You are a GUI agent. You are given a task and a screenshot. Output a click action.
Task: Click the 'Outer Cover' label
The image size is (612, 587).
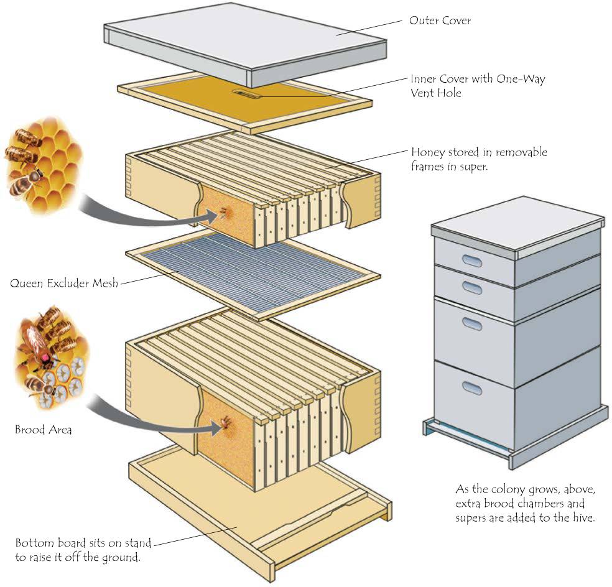click(x=440, y=21)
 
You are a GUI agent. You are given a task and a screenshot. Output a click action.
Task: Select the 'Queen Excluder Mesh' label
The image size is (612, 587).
click(x=64, y=283)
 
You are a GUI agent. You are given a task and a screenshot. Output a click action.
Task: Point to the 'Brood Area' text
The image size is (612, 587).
click(x=44, y=430)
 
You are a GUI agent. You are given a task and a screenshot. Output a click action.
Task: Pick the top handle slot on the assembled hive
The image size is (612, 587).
click(x=472, y=261)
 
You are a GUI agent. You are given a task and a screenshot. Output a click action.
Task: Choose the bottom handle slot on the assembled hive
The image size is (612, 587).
click(x=472, y=389)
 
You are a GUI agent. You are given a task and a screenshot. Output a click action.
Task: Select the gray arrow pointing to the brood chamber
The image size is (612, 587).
click(x=152, y=423)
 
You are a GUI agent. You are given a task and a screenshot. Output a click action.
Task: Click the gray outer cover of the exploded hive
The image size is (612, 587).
click(x=246, y=44)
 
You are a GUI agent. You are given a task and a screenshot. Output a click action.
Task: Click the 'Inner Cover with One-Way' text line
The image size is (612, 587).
click(x=478, y=79)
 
